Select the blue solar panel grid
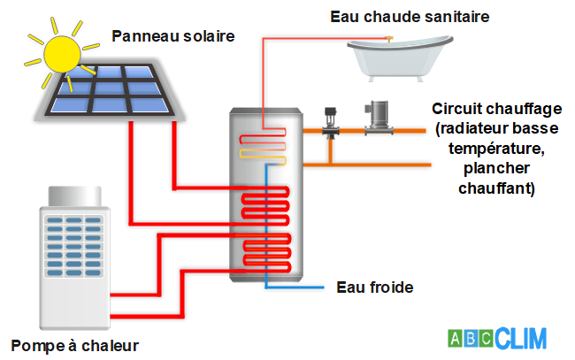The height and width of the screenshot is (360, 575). click(x=110, y=92)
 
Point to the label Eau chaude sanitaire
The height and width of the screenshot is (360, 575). click(x=410, y=16)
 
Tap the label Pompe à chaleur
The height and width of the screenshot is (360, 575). click(x=75, y=344)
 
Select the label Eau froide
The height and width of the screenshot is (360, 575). click(x=375, y=287)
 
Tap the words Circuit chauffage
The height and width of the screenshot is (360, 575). click(x=496, y=109)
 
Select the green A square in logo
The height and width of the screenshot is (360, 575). click(x=455, y=339)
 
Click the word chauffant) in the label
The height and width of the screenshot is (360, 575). click(x=496, y=188)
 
